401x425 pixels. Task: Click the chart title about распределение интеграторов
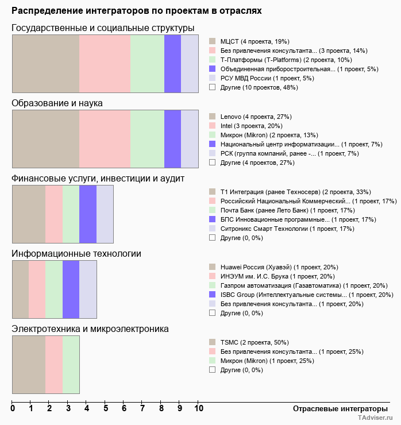[136, 10]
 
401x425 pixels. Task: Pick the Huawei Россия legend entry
[279, 267]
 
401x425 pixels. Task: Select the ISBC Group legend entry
[306, 295]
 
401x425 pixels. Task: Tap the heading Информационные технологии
[76, 254]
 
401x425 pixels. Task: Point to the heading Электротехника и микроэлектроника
[90, 329]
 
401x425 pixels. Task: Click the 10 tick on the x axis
[198, 409]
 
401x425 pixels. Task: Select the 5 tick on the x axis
[106, 409]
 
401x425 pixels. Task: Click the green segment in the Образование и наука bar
[148, 139]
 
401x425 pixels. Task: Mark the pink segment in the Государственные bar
[105, 64]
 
